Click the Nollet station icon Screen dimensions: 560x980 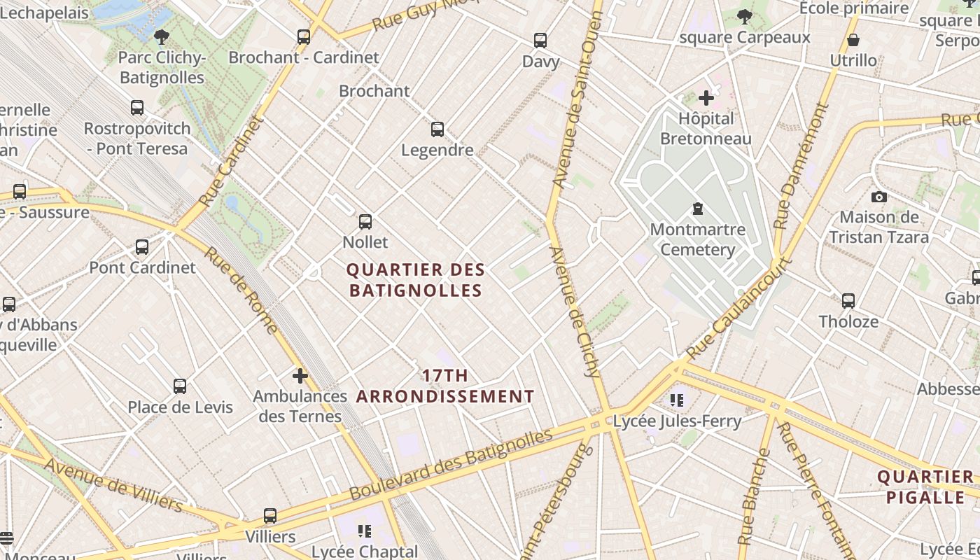[x=365, y=222]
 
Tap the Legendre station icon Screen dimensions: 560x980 [x=437, y=129]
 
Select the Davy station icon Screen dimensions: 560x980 [x=540, y=41]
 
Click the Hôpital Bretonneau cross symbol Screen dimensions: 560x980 [x=706, y=98]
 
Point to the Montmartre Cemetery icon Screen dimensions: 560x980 [x=697, y=209]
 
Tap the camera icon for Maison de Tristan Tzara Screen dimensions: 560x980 [x=879, y=197]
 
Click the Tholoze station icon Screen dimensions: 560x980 [x=848, y=301]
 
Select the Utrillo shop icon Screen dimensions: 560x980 [x=853, y=40]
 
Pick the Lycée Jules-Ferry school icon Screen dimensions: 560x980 [x=676, y=400]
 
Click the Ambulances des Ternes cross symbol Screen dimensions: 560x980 [x=300, y=376]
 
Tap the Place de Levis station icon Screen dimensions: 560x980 [x=180, y=386]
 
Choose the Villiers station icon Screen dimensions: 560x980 [x=270, y=516]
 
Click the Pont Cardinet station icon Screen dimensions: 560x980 [x=142, y=247]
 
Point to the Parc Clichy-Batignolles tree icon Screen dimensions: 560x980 [x=162, y=36]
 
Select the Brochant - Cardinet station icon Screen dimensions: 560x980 [x=304, y=37]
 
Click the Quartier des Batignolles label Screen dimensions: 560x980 [x=416, y=280]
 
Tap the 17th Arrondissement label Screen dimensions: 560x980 [x=445, y=386]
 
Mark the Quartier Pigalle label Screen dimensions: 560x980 [x=925, y=487]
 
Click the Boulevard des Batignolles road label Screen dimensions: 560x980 [x=451, y=465]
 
